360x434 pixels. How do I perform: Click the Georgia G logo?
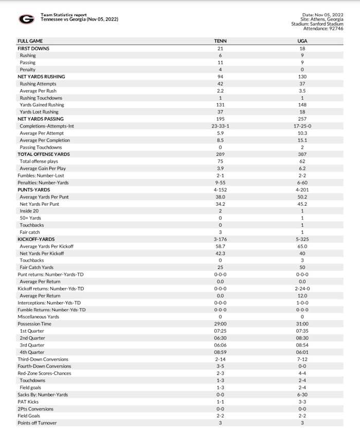click(26, 19)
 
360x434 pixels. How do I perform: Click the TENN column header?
click(220, 41)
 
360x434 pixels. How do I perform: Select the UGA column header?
click(302, 41)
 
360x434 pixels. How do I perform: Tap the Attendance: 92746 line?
click(322, 28)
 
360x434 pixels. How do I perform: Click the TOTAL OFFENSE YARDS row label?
click(44, 154)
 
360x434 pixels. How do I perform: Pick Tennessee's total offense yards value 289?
click(220, 154)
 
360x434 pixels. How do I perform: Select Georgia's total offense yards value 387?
click(302, 154)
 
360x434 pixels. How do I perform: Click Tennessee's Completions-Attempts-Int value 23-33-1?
click(220, 126)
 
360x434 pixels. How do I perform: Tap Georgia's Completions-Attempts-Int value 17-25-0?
click(302, 126)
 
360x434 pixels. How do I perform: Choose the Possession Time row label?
click(34, 324)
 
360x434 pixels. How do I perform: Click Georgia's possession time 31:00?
click(302, 324)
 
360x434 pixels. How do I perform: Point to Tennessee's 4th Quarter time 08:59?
click(220, 352)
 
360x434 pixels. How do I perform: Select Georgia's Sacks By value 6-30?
click(302, 394)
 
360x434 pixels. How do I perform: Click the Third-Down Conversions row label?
click(43, 359)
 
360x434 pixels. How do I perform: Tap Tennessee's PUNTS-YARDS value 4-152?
click(220, 190)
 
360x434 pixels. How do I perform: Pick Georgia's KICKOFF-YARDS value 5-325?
click(302, 239)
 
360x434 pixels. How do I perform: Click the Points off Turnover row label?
click(38, 423)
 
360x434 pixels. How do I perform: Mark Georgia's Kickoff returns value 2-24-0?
click(302, 288)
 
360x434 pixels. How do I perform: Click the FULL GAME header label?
click(30, 41)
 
